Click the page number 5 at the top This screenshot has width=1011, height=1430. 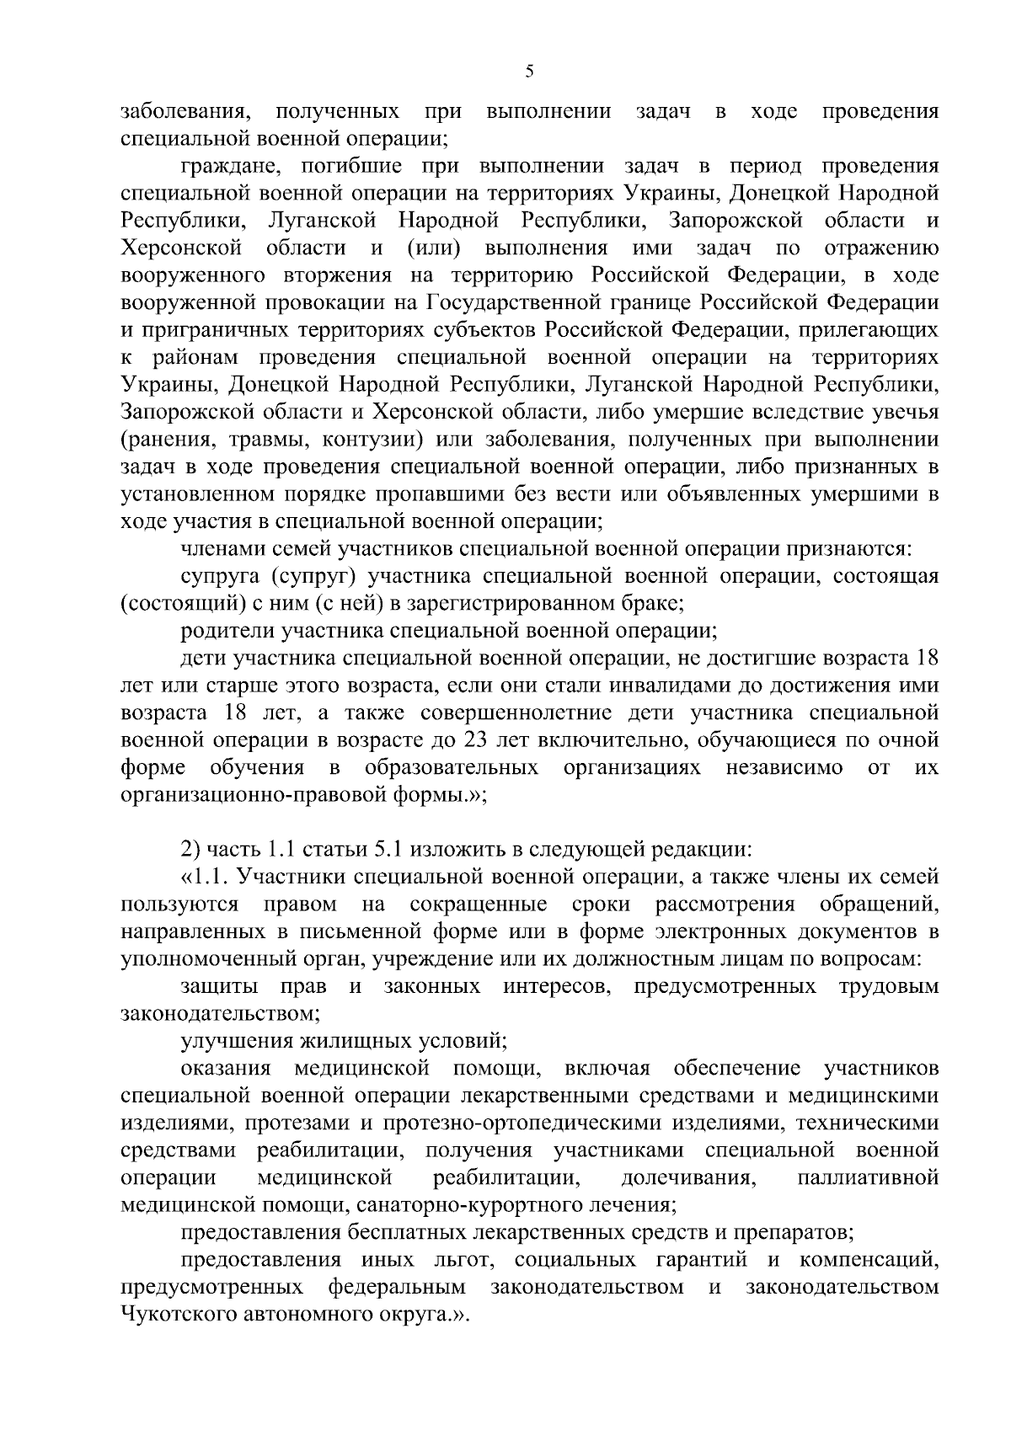point(529,72)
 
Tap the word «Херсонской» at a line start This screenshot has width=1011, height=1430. point(182,248)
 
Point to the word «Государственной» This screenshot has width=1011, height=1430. point(509,302)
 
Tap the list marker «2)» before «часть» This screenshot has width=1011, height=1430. point(190,850)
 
